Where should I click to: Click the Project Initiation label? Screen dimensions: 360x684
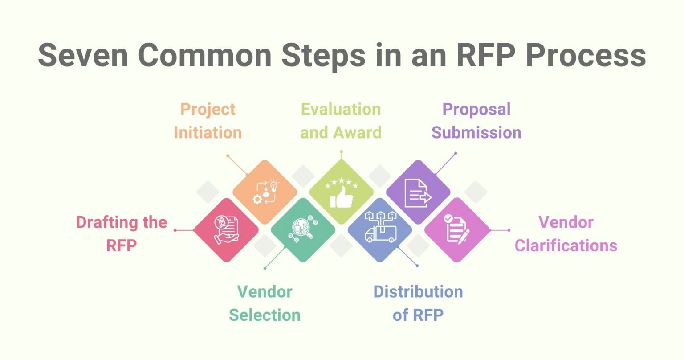(208, 121)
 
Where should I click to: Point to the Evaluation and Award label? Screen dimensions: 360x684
(341, 121)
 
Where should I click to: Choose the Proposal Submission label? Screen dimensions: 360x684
(476, 121)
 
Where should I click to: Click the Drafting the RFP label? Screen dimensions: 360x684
(121, 233)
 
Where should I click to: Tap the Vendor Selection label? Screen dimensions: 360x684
(265, 303)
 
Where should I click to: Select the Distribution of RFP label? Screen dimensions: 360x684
(418, 303)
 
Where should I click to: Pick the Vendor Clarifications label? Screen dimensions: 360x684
(566, 233)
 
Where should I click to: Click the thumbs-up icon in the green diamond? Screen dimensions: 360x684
(342, 197)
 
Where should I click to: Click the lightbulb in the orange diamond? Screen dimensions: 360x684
(273, 185)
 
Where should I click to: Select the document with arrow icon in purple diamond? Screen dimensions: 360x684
(418, 192)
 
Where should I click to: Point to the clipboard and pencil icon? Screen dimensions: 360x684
(457, 229)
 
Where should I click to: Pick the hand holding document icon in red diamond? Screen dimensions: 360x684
(226, 230)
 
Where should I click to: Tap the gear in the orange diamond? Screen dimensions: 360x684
(257, 199)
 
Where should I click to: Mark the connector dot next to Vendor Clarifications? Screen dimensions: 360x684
(509, 230)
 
